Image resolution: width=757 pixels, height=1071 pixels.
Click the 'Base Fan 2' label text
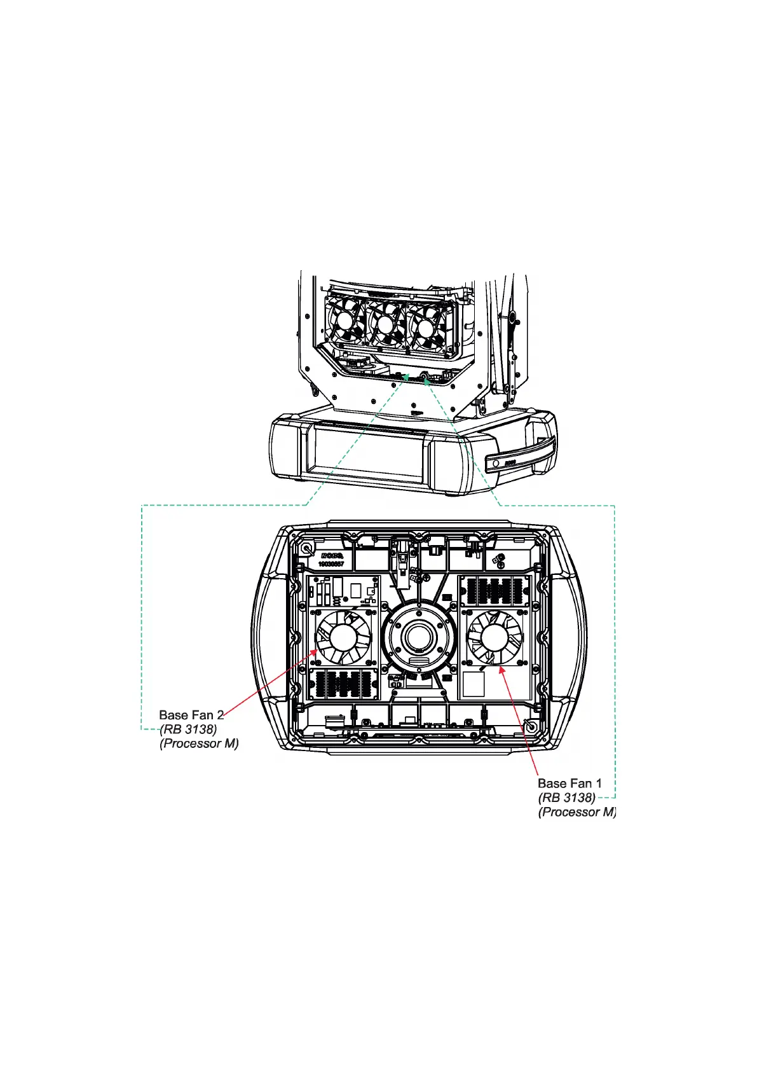pos(191,715)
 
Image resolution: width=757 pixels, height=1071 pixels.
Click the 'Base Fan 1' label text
pos(569,784)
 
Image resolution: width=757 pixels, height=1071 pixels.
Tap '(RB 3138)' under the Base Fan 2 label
pos(189,729)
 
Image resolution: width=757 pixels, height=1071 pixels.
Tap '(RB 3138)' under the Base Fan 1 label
pos(567,798)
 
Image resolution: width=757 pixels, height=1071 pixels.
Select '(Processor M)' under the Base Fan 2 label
pos(199,743)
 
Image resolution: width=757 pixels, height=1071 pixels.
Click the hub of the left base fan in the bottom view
pos(343,637)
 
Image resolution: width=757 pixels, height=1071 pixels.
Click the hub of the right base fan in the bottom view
pos(494,637)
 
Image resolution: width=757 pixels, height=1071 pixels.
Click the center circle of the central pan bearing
pos(419,637)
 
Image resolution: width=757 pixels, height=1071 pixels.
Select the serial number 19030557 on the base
pos(331,564)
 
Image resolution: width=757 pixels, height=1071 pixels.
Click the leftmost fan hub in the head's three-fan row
pos(345,321)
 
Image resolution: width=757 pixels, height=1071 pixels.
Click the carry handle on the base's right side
pos(519,453)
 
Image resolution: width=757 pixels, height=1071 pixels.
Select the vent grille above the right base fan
pos(494,591)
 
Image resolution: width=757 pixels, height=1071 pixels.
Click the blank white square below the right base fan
pos(474,684)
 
